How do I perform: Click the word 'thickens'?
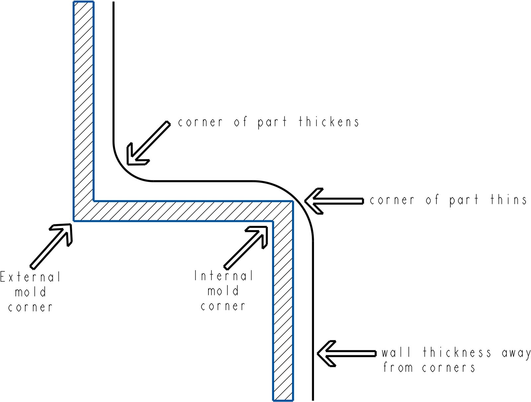tap(329, 122)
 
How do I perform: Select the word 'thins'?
tap(508, 200)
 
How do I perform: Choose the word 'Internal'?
tap(224, 276)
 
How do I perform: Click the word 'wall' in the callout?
tap(396, 353)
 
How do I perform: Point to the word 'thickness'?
tap(457, 353)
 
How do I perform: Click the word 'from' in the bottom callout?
tap(398, 367)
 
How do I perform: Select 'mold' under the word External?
tap(31, 292)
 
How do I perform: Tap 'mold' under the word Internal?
tap(223, 291)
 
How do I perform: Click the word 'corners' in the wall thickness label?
tap(448, 368)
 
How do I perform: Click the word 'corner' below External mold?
tap(30, 307)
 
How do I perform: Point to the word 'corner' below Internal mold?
tap(223, 306)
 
